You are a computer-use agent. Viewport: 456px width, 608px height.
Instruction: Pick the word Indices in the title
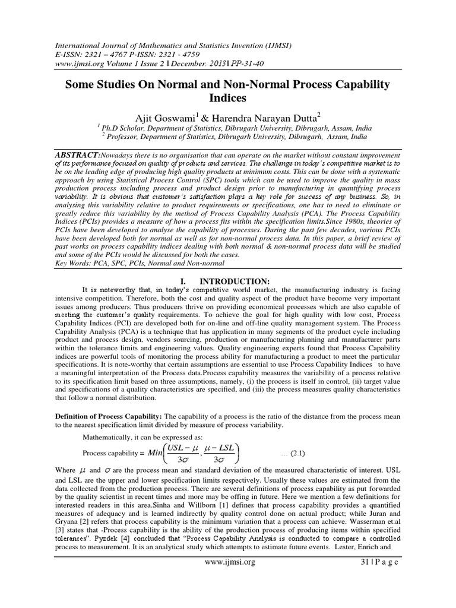pyautogui.click(x=227, y=97)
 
